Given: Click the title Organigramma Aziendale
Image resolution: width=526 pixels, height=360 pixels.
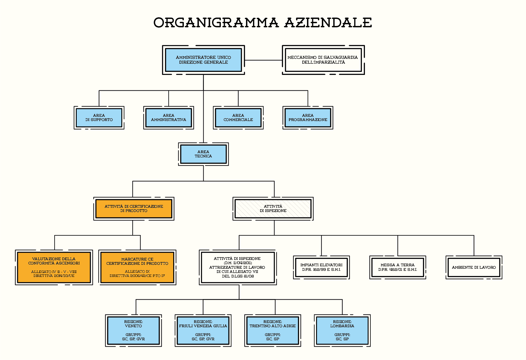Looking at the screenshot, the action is (x=263, y=23).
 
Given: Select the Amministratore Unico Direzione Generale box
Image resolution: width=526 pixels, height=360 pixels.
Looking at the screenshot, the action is (x=204, y=60).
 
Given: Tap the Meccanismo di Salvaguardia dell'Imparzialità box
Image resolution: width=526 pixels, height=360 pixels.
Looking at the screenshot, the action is (x=323, y=60).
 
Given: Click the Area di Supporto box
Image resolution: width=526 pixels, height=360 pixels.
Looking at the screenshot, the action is (x=99, y=118).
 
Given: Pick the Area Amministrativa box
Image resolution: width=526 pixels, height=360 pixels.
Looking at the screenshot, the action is (x=169, y=118).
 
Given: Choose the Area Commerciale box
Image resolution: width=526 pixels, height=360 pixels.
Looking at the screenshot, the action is (x=238, y=118).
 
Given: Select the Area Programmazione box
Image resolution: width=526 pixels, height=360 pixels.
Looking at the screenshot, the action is (x=308, y=118).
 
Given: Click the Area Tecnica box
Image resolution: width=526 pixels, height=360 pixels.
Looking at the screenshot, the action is (x=203, y=154).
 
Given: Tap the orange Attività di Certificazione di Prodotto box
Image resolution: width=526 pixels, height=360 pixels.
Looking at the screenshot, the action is (x=134, y=209).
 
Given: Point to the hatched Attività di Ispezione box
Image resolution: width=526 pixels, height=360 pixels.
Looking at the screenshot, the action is (x=273, y=209).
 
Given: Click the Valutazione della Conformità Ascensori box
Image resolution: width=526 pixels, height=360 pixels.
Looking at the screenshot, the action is (x=54, y=267).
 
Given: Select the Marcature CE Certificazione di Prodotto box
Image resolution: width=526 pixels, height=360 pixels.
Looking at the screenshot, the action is (x=137, y=267).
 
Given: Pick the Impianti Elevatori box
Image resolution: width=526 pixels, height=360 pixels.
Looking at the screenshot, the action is (x=322, y=267).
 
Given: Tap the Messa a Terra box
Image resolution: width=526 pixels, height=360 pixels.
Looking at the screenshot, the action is (x=398, y=267).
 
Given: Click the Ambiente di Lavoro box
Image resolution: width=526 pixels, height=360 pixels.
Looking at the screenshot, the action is (x=474, y=267).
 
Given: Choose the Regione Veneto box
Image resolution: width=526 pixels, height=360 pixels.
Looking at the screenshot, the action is (x=133, y=331).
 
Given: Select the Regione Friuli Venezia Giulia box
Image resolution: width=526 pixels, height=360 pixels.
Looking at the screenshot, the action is (x=203, y=331).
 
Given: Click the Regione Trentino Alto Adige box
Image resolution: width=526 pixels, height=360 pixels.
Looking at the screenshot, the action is (x=273, y=331).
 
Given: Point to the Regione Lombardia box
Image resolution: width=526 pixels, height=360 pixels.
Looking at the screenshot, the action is (x=342, y=331).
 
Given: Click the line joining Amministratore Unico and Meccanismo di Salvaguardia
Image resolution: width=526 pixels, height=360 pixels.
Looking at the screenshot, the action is (x=264, y=60).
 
